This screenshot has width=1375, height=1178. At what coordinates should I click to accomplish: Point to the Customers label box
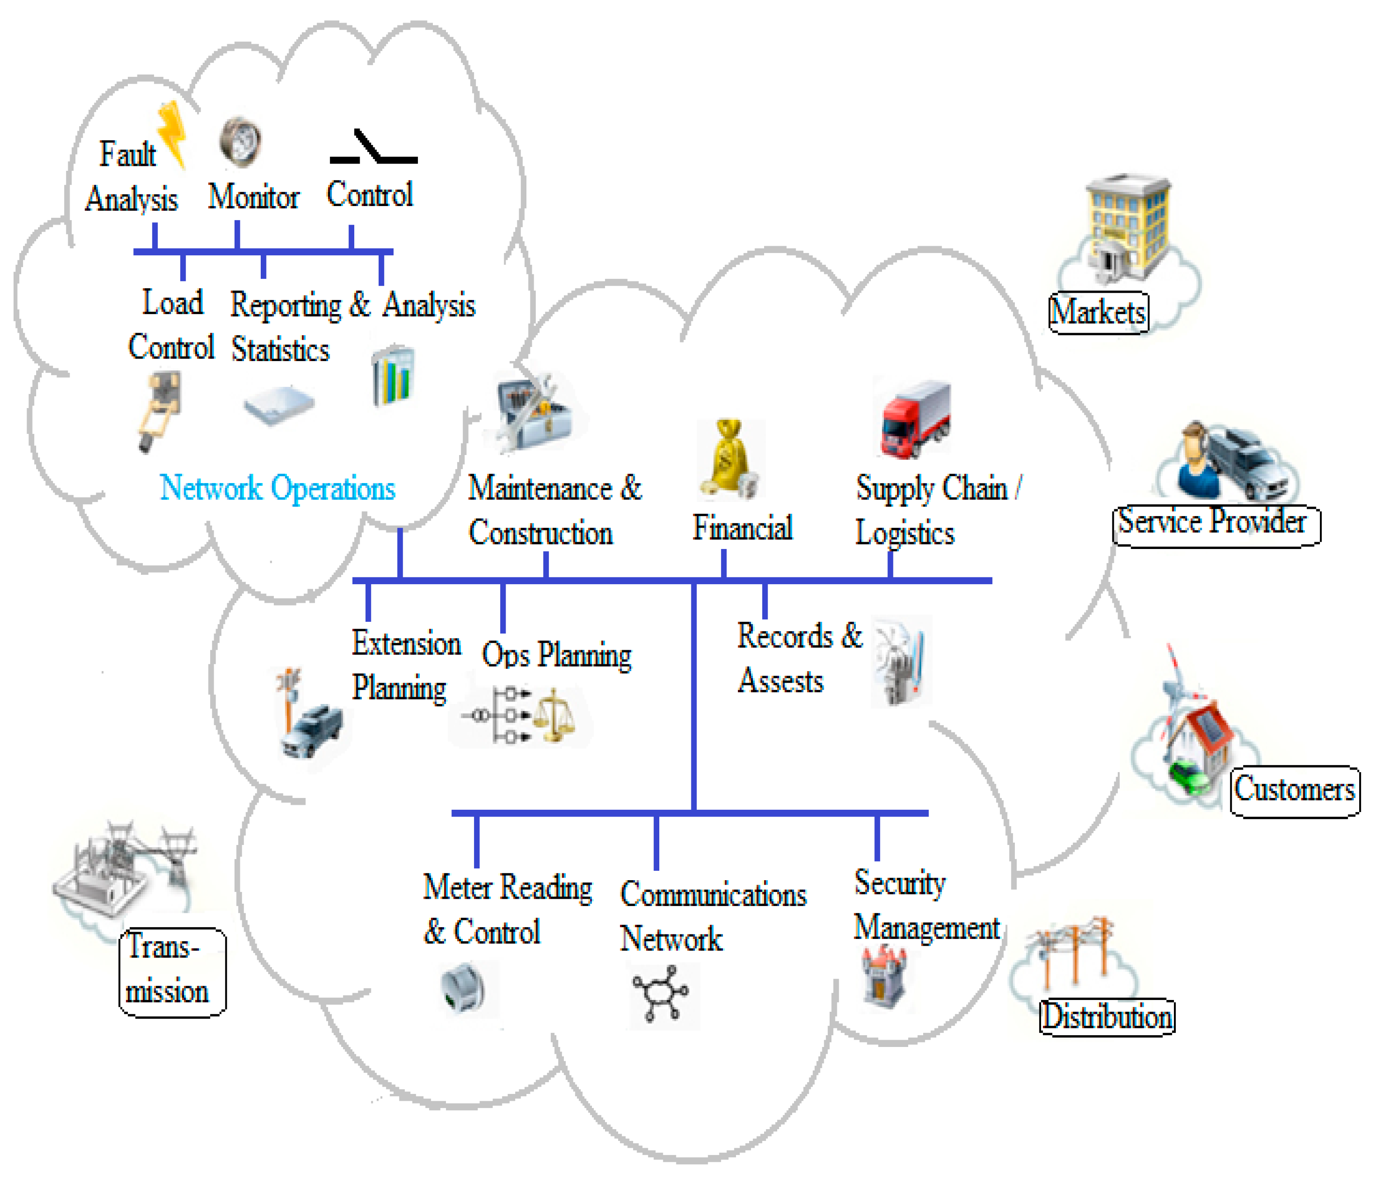click(x=1294, y=791)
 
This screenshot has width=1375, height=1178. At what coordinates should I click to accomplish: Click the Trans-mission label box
click(x=172, y=971)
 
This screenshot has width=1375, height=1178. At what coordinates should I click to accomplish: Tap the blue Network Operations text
click(x=277, y=488)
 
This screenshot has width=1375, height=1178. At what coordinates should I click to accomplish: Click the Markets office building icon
click(x=1128, y=225)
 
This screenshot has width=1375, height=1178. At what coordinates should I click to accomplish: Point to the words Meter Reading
click(x=508, y=887)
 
